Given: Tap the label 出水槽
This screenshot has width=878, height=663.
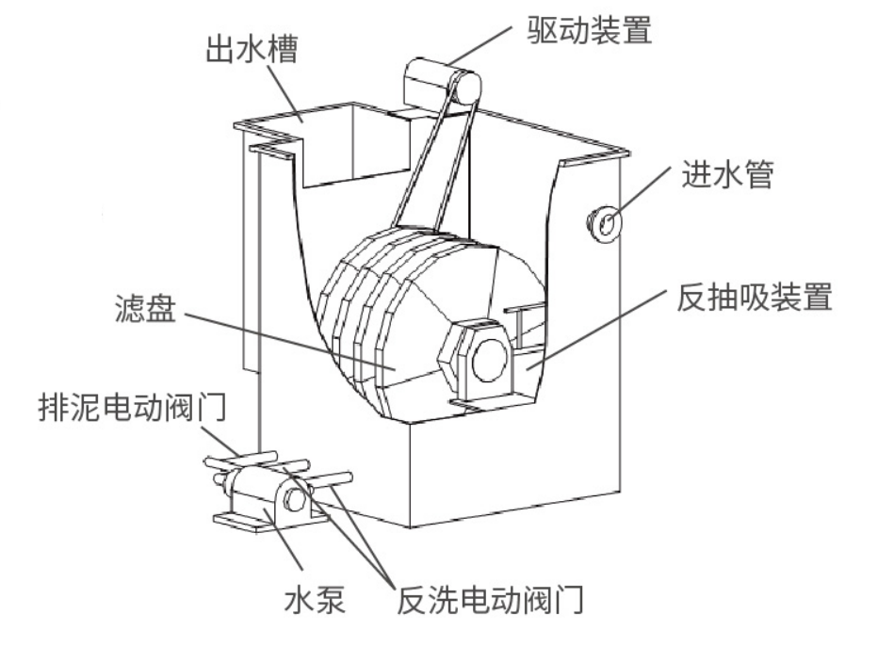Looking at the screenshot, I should (x=252, y=49).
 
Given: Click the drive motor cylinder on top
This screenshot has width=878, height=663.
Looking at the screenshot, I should (x=438, y=82).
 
